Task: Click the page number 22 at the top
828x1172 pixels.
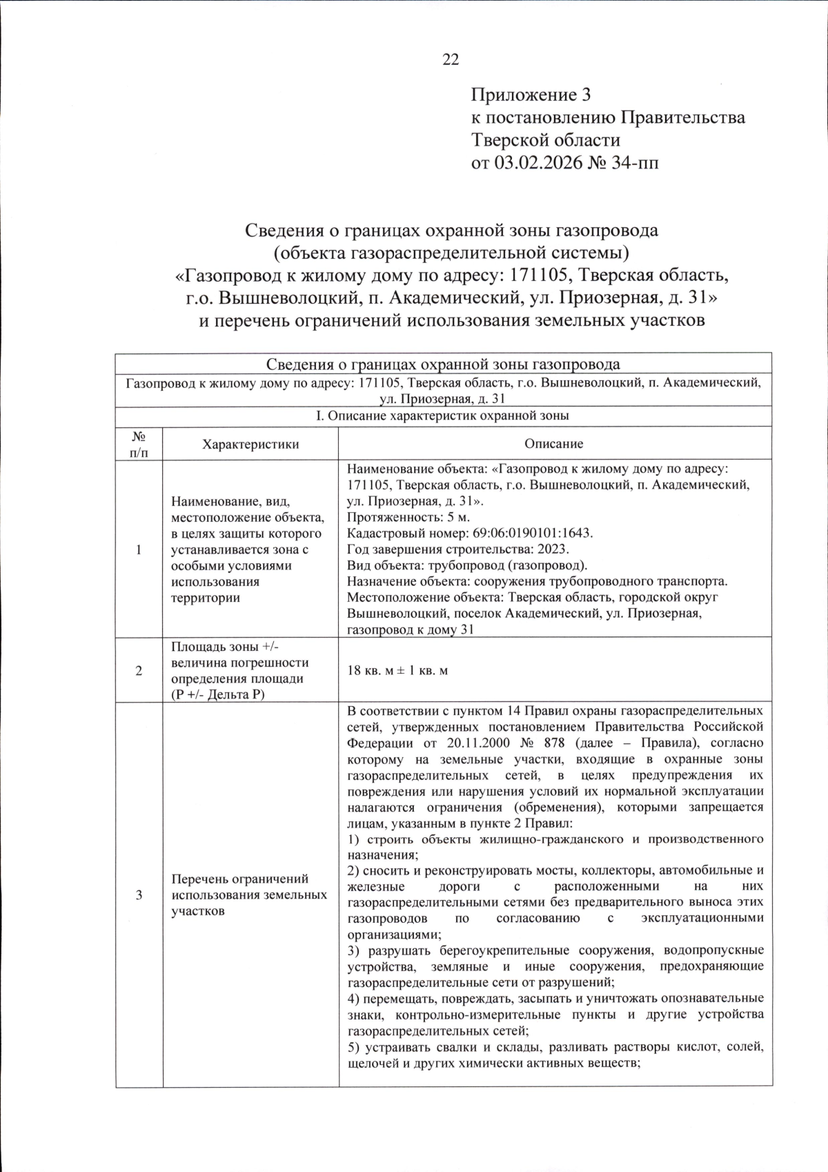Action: click(x=451, y=60)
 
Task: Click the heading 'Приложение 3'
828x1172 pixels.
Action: click(x=531, y=95)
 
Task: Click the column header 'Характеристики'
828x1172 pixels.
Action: click(x=250, y=444)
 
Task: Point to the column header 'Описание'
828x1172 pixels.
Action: click(x=553, y=444)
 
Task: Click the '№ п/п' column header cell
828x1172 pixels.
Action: click(x=139, y=444)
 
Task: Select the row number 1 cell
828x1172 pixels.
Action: click(x=139, y=549)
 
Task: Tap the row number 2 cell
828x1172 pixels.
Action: click(x=139, y=670)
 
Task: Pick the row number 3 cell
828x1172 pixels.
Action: click(x=139, y=895)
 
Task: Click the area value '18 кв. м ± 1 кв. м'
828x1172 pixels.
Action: click(x=397, y=671)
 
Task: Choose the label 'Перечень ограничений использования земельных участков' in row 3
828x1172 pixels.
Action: click(x=249, y=895)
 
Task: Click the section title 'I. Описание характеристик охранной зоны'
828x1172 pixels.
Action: click(x=442, y=416)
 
